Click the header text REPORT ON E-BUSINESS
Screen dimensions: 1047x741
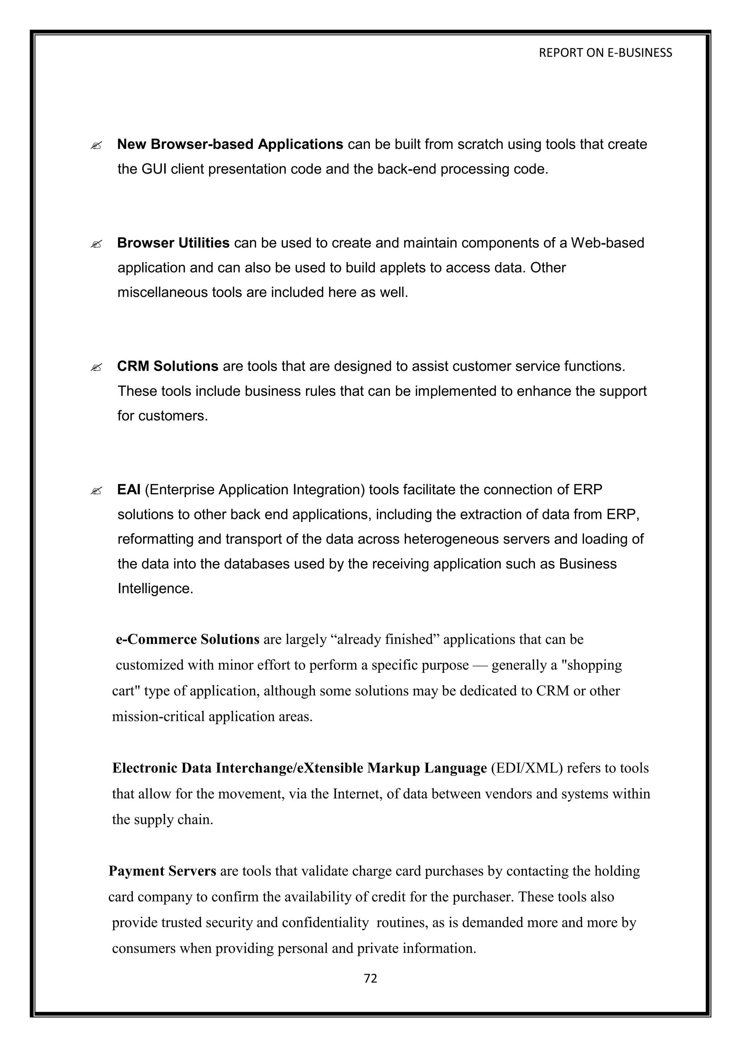[605, 53]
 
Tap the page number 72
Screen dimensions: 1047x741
[370, 978]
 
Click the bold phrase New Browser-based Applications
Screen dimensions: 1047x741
[230, 144]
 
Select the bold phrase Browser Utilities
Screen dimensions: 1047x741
[173, 243]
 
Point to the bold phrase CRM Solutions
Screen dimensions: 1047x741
[168, 366]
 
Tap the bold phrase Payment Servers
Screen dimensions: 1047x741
[162, 871]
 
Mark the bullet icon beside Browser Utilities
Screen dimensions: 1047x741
[96, 244]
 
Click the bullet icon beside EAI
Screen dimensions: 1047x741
[96, 491]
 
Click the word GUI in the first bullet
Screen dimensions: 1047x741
[154, 169]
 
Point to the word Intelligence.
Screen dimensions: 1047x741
[155, 589]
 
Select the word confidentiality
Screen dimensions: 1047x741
[325, 923]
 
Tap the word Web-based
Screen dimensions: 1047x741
[607, 243]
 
